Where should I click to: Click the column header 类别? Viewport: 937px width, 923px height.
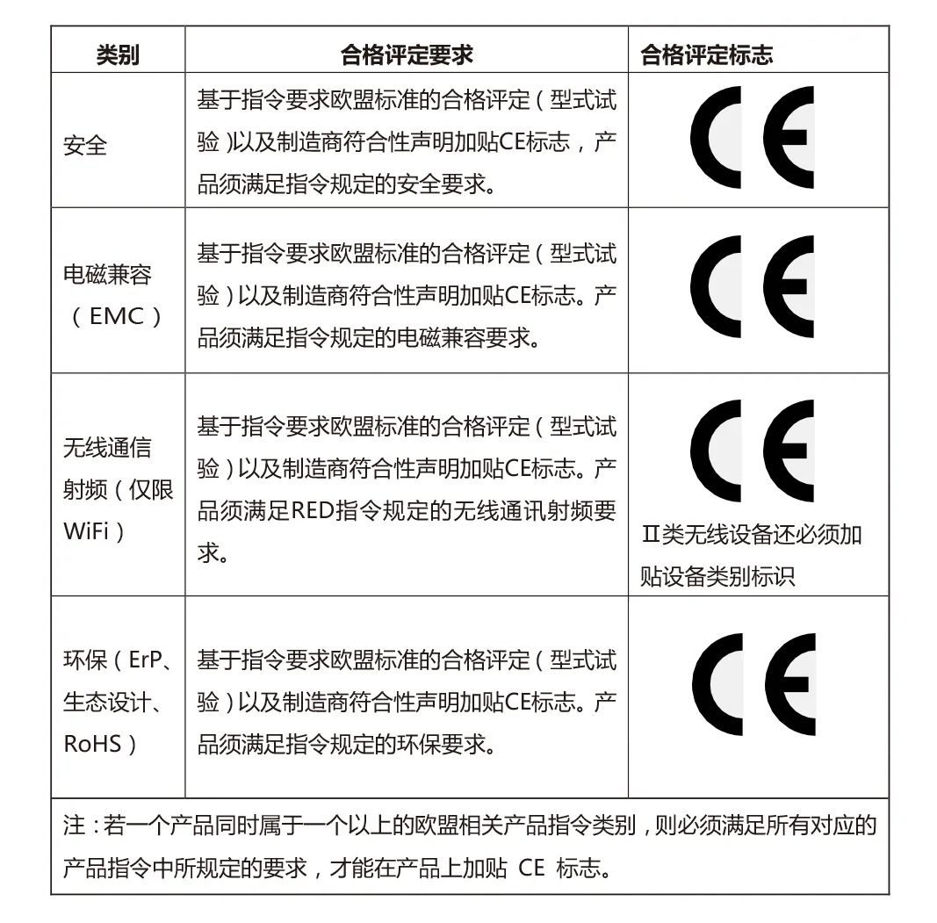pos(118,55)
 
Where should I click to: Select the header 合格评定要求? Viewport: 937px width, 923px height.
pos(406,55)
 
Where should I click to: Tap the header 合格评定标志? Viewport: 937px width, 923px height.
pos(706,55)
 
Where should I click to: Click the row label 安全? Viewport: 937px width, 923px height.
pos(85,145)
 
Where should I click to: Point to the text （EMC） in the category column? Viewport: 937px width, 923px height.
pos(117,316)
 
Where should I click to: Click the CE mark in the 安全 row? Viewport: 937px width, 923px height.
pos(752,137)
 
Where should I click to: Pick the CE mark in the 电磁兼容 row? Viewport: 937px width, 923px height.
pos(752,286)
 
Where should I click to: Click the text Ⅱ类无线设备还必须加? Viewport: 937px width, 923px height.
pos(751,535)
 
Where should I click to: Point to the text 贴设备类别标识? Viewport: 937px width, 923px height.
pos(717,576)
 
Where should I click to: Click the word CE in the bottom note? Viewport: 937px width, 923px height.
pos(531,868)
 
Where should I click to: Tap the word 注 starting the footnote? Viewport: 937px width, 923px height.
pos(74,826)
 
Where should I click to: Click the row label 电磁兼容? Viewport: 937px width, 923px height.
pos(107,275)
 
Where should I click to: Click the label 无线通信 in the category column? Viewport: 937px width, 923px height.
pos(107,448)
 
